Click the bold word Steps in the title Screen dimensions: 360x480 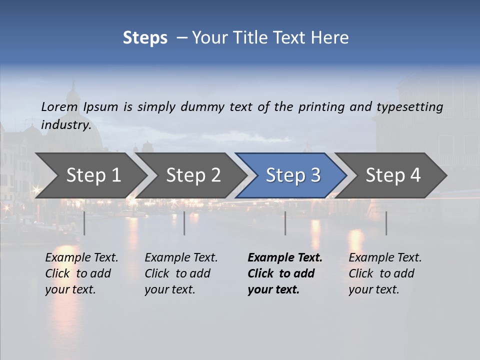[145, 38]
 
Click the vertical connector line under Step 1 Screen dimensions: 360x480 [84, 223]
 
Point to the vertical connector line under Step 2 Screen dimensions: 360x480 [184, 223]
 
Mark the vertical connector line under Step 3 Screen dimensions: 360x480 [285, 223]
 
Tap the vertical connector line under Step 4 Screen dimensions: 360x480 [386, 223]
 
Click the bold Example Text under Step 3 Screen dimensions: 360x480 [285, 258]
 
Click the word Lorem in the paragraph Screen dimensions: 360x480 [59, 106]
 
